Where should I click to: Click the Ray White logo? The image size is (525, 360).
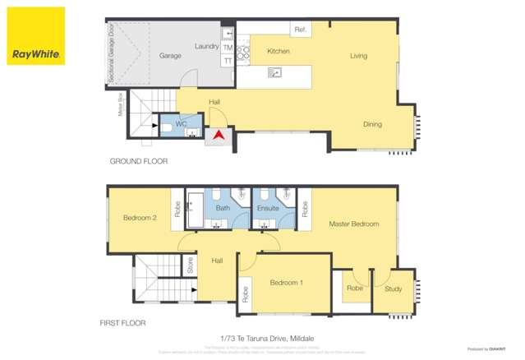point(35,36)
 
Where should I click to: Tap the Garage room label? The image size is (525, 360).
point(170,56)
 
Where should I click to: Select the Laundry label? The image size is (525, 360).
point(206,46)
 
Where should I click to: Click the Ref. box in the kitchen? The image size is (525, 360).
point(300,30)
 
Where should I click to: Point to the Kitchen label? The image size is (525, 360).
point(279,52)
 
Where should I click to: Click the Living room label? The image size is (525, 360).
point(358,56)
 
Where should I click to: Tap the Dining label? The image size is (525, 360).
point(372,124)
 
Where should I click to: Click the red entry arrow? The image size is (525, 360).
point(219,134)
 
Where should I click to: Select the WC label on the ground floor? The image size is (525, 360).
point(181,124)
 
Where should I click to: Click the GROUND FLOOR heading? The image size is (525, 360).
point(138,161)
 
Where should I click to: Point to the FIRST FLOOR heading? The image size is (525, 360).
point(122,323)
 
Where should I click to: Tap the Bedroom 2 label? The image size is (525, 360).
point(140,218)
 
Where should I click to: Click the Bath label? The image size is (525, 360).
point(223,209)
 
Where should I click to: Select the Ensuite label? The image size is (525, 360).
point(268,209)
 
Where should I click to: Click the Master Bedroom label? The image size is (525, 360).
point(353,224)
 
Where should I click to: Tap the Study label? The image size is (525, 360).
point(393,288)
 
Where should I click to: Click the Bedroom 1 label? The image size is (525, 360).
point(287,283)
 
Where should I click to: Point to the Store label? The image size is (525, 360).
point(190,265)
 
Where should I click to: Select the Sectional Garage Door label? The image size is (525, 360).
point(109,54)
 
